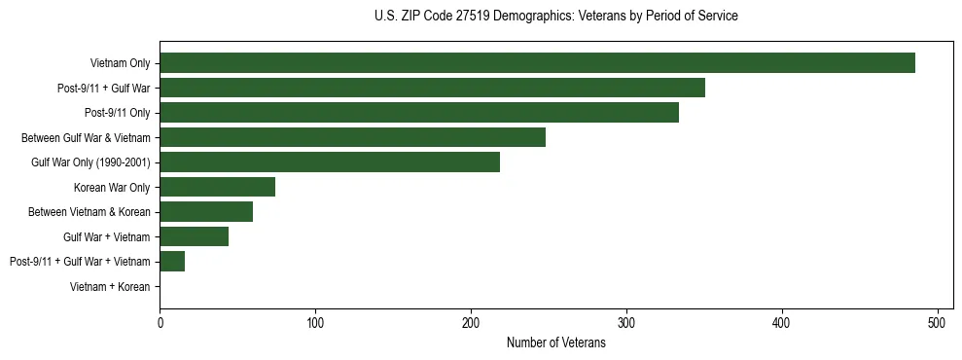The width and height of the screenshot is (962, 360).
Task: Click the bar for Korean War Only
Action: [x=217, y=187]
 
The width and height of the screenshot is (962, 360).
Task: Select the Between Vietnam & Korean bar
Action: [x=206, y=211]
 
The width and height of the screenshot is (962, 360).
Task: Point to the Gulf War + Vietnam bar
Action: [x=194, y=236]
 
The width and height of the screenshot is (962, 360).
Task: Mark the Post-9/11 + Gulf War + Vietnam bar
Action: [x=172, y=261]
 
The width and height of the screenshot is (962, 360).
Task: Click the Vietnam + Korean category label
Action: [x=110, y=286]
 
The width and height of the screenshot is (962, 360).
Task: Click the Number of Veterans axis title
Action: [x=555, y=342]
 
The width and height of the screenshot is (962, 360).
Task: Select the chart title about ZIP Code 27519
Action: [x=555, y=17]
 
